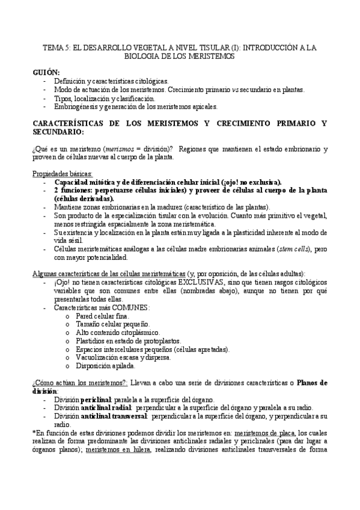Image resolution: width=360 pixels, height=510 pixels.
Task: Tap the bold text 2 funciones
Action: point(75,190)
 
